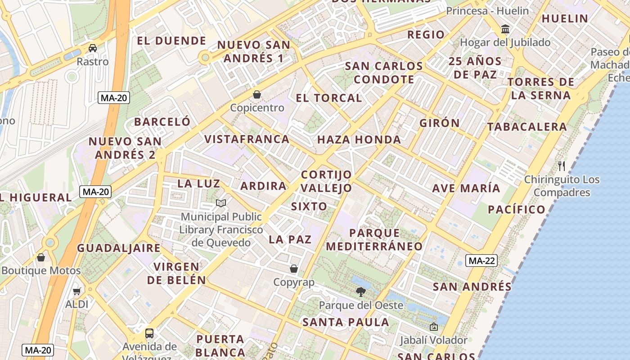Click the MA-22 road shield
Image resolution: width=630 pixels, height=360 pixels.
pos(481,260)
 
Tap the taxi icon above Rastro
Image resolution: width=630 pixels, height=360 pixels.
pos(93,48)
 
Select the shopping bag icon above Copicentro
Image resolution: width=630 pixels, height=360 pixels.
pos(257,94)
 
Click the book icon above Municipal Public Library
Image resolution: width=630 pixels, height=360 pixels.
pos(220,203)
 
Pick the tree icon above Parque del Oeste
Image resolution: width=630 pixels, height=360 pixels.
pos(360,292)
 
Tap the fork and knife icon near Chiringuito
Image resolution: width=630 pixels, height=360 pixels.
pos(562,166)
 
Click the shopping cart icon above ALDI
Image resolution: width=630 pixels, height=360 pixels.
pos(77,291)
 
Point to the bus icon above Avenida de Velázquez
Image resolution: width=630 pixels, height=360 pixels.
pos(149,333)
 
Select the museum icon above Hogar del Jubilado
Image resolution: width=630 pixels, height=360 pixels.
pos(505,29)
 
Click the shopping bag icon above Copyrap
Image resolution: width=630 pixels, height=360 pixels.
pos(294,269)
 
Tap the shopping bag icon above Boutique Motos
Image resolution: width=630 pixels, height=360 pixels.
pos(41,257)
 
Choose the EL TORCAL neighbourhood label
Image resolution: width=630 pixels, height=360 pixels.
pos(329,98)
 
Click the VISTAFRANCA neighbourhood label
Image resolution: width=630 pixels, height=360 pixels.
pos(247,139)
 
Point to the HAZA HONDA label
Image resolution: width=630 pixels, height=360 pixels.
pos(359,139)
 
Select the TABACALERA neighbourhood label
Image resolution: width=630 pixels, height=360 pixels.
pos(527,127)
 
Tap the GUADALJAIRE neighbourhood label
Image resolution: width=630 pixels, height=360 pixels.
pos(119,248)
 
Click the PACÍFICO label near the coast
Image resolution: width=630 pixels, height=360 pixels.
pos(517,209)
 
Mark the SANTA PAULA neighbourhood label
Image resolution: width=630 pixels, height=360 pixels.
pos(346,322)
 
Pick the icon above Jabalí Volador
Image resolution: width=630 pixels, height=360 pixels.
pos(434,327)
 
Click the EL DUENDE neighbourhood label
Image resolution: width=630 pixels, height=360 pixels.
pos(171,41)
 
